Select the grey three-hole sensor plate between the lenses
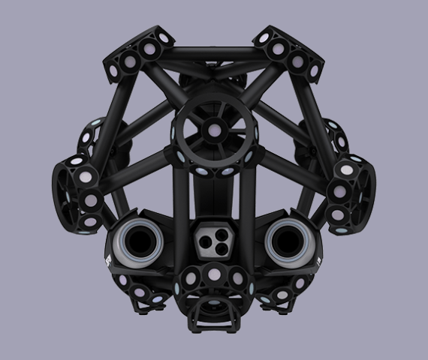213,239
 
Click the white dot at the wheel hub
213,129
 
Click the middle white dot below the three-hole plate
214,274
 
